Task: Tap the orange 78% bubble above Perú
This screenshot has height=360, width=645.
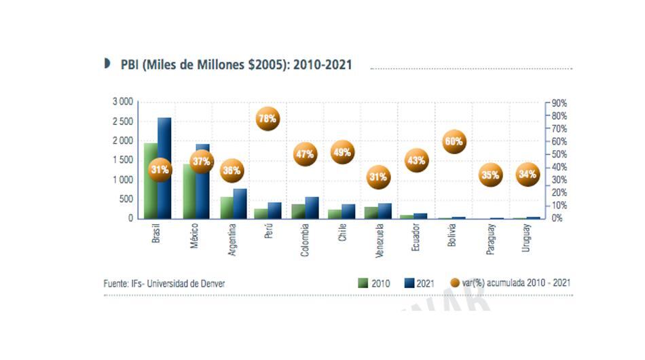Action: point(268,119)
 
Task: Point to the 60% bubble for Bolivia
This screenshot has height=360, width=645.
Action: point(454,141)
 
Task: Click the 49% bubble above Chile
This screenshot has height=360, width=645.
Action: point(342,152)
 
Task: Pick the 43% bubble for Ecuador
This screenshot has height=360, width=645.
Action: point(416,160)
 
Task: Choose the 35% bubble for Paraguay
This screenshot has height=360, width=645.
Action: point(490,175)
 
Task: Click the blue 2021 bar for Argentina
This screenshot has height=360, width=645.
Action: point(240,204)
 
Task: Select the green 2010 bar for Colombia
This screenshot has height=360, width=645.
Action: point(297,211)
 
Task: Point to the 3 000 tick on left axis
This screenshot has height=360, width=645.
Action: point(123,102)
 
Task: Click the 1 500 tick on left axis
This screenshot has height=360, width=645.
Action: point(123,160)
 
